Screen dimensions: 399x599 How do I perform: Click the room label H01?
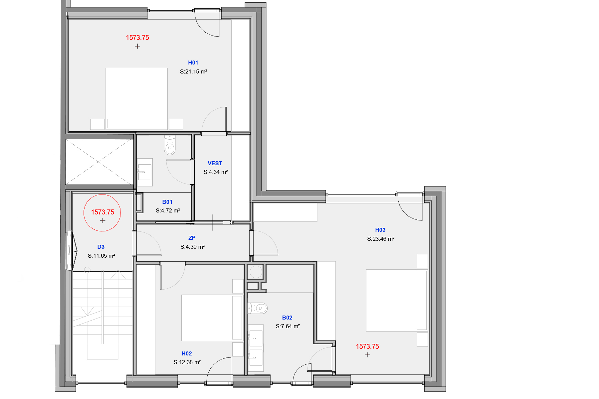(193, 63)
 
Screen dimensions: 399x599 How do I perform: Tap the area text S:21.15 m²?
(193, 71)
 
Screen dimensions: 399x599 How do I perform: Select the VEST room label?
(215, 163)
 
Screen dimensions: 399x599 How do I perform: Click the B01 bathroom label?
(167, 202)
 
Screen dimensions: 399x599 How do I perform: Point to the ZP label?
(192, 238)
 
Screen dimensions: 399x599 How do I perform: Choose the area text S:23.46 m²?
(381, 239)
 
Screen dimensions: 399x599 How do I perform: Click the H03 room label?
(380, 230)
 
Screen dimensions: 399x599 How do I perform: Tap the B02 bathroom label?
(287, 318)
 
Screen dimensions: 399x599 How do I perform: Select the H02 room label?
(187, 353)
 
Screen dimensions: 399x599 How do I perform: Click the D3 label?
(101, 247)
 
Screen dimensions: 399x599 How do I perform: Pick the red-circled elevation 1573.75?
(102, 212)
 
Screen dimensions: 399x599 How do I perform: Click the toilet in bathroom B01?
(170, 145)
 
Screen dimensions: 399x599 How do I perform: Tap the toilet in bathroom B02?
(258, 308)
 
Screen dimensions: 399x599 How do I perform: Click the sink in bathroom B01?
(145, 172)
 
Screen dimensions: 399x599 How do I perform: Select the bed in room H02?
(212, 318)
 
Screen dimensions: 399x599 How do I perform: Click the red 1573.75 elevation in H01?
(137, 38)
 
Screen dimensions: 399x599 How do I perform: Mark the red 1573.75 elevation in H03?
(367, 346)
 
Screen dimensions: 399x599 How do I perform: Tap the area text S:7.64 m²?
(288, 326)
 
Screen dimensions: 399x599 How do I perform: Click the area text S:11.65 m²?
(101, 256)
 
